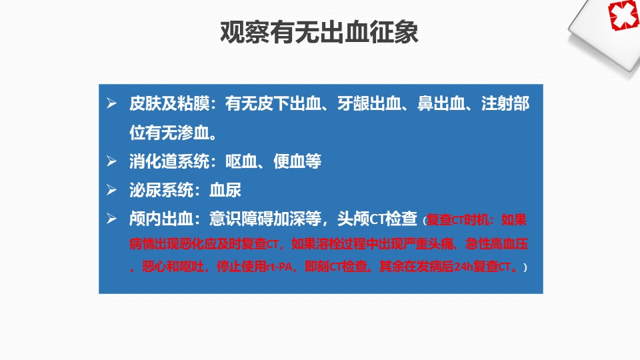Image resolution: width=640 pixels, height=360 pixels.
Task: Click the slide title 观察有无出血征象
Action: click(x=319, y=32)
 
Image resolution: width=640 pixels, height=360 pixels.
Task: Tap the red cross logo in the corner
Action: click(x=623, y=15)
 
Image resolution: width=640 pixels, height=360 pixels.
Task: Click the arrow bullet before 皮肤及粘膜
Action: click(x=111, y=103)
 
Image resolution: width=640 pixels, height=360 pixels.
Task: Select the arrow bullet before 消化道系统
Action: click(x=111, y=161)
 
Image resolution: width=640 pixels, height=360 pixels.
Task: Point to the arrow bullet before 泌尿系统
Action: click(x=111, y=190)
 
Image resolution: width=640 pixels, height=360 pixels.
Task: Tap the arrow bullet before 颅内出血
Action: click(x=111, y=219)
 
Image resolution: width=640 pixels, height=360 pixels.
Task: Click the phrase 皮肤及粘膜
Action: click(x=169, y=103)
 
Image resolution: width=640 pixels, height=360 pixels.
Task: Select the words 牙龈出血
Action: click(x=369, y=103)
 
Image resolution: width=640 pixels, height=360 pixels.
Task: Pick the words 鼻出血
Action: click(x=441, y=103)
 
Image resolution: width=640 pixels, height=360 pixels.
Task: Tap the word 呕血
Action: click(x=241, y=161)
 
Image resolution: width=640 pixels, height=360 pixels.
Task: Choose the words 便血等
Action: click(x=297, y=161)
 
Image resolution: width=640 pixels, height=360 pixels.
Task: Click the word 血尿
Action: click(x=225, y=190)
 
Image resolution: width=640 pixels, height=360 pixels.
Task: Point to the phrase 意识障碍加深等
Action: click(x=265, y=219)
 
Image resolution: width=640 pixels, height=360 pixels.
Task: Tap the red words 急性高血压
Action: click(x=497, y=244)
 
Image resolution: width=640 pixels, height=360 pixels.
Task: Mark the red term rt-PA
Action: click(x=279, y=267)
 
